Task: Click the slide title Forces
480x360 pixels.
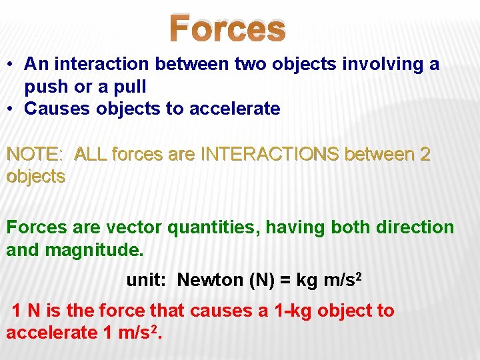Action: point(227,29)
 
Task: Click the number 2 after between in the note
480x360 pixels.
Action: point(425,155)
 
